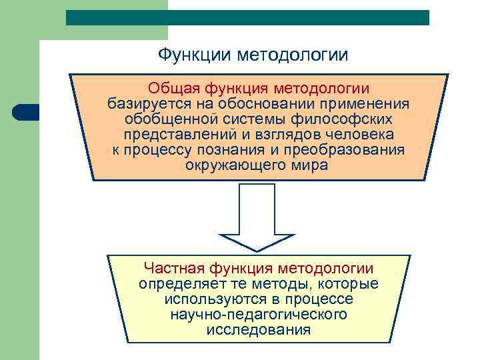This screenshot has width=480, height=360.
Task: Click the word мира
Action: point(311,165)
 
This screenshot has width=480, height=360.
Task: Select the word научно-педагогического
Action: point(258,314)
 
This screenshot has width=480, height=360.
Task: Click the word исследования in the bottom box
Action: point(258,329)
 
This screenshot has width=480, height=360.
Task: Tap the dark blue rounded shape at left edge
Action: point(25,112)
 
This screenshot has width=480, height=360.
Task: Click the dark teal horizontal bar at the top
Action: point(247,18)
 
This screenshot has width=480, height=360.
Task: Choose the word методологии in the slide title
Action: point(293,53)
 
